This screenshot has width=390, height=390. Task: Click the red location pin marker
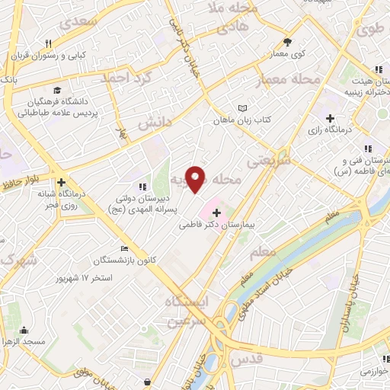pos(196,179)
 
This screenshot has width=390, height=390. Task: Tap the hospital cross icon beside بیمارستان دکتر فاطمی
pos(216,213)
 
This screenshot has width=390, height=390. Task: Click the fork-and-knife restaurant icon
pos(48,43)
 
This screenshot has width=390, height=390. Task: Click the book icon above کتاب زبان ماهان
pos(243,108)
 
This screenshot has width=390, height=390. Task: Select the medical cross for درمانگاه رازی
pos(329,118)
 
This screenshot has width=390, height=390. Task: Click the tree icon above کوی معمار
pos(287,43)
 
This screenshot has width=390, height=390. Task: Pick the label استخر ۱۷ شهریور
pos(83,278)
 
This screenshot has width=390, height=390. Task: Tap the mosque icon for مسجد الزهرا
pos(24,330)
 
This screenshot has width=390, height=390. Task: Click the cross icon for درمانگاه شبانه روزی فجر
pos(60,182)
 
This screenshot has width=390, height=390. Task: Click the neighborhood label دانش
pos(155,121)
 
